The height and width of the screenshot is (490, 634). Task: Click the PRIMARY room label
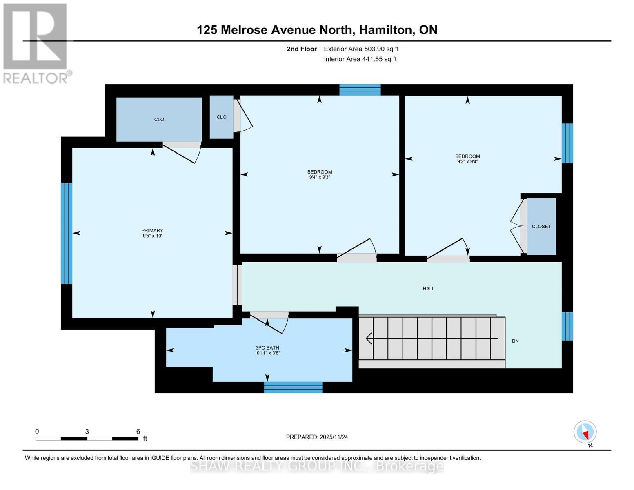pyautogui.click(x=152, y=230)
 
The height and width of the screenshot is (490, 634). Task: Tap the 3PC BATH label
pyautogui.click(x=267, y=348)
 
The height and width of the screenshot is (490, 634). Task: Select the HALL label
pyautogui.click(x=428, y=288)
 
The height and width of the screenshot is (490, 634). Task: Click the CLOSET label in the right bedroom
pyautogui.click(x=541, y=226)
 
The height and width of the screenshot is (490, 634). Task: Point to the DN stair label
pyautogui.click(x=515, y=341)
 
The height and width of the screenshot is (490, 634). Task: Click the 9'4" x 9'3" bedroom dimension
pyautogui.click(x=319, y=177)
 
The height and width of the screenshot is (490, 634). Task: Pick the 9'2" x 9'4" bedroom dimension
pyautogui.click(x=467, y=161)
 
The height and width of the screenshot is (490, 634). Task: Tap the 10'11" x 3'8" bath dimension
pyautogui.click(x=267, y=353)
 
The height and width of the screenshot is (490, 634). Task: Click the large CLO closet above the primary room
pyautogui.click(x=159, y=119)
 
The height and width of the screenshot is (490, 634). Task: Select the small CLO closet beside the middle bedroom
pyautogui.click(x=221, y=117)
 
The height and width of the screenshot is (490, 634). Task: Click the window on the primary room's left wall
pyautogui.click(x=67, y=233)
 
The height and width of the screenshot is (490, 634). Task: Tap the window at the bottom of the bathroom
pyautogui.click(x=293, y=387)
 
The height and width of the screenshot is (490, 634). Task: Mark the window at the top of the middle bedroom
pyautogui.click(x=360, y=89)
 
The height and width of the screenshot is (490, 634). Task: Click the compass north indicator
pyautogui.click(x=585, y=432)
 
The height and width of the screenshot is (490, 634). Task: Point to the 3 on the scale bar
pyautogui.click(x=87, y=432)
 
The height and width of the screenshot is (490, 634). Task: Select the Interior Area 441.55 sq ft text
pyautogui.click(x=360, y=59)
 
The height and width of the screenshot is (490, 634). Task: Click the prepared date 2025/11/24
pyautogui.click(x=334, y=437)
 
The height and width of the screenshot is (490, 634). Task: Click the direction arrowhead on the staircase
pyautogui.click(x=369, y=339)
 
